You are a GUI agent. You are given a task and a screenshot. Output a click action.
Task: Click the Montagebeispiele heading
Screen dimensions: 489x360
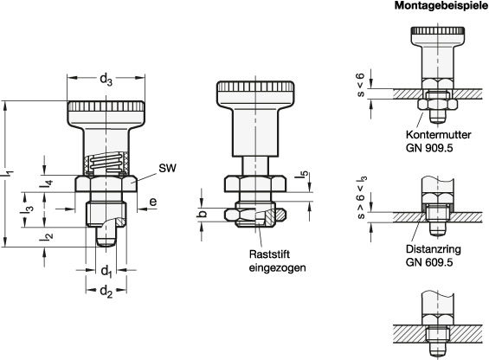pyautogui.click(x=441, y=6)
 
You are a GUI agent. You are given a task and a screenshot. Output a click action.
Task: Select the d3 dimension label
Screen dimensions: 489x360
pyautogui.click(x=106, y=80)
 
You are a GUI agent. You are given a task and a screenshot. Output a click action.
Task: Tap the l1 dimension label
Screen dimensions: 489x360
pyautogui.click(x=9, y=174)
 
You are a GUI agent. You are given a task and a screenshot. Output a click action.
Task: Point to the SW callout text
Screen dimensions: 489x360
pyautogui.click(x=167, y=168)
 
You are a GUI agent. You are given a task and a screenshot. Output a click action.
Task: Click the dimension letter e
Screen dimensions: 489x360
pyautogui.click(x=153, y=202)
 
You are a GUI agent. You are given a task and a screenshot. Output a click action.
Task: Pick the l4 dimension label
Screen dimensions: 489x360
pyautogui.click(x=46, y=183)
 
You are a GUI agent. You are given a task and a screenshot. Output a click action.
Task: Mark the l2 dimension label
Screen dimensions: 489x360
pyautogui.click(x=46, y=237)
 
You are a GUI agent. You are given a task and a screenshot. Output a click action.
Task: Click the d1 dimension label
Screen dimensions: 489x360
pyautogui.click(x=106, y=271)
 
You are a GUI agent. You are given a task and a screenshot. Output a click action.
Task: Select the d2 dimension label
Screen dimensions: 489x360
pyautogui.click(x=106, y=292)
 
